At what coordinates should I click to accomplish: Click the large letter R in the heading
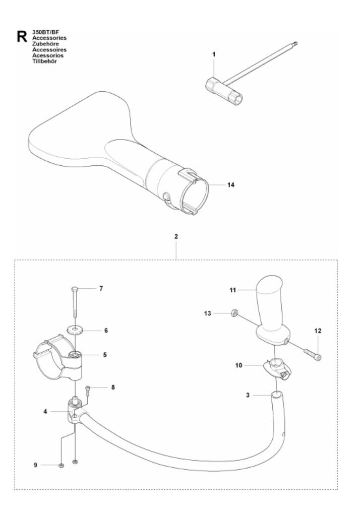pyautogui.click(x=22, y=36)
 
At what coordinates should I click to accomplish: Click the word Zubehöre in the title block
pyautogui.click(x=45, y=44)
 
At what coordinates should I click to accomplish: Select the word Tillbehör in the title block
pyautogui.click(x=44, y=61)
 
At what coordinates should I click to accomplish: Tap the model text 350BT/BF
pyautogui.click(x=45, y=32)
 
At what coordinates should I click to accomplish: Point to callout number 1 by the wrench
pyautogui.click(x=214, y=54)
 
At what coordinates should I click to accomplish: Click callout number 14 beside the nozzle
pyautogui.click(x=230, y=185)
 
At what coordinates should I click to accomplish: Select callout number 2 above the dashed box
pyautogui.click(x=176, y=236)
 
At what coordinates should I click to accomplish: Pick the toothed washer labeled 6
pyautogui.click(x=76, y=330)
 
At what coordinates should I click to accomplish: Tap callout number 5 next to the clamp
pyautogui.click(x=105, y=355)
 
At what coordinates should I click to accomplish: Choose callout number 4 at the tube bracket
pyautogui.click(x=45, y=411)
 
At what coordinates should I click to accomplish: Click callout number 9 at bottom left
pyautogui.click(x=36, y=465)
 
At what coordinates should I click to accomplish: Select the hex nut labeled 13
pyautogui.click(x=234, y=312)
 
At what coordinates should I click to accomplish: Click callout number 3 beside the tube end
pyautogui.click(x=248, y=395)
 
